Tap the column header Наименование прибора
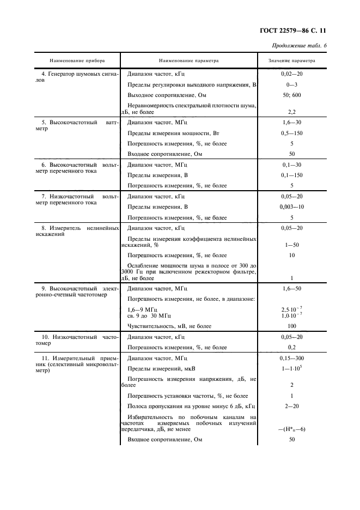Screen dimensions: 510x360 point(77,60)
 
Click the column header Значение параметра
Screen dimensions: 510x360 point(291,60)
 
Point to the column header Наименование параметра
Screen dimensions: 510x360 point(189,60)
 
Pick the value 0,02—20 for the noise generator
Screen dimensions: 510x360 point(291,73)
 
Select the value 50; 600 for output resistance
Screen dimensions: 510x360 point(291,94)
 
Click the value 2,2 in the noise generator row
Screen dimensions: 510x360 point(291,111)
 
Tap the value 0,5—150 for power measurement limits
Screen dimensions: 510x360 point(291,133)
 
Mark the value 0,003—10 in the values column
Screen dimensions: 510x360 point(291,207)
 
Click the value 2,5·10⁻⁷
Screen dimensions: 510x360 point(291,309)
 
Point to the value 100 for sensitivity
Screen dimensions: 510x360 point(291,326)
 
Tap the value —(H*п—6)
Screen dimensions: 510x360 point(291,429)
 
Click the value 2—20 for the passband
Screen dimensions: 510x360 point(291,406)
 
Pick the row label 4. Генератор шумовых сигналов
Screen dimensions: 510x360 point(77,76)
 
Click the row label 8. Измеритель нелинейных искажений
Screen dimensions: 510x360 point(77,231)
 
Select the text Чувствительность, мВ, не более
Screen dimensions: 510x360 point(169,326)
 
